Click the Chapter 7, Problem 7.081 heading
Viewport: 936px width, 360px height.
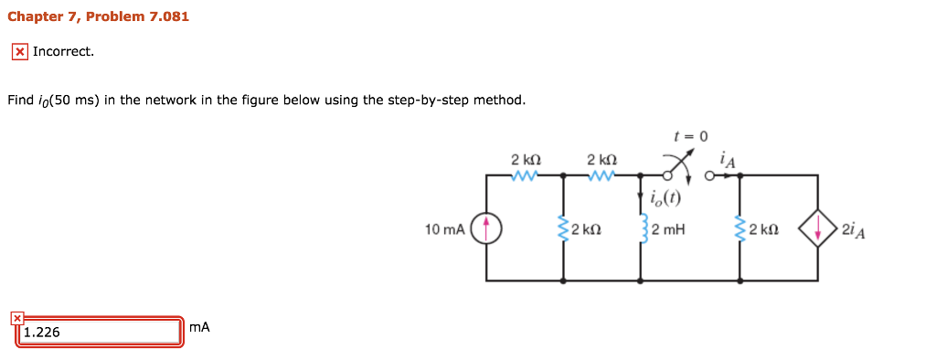point(98,16)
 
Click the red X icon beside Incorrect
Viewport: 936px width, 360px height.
point(18,52)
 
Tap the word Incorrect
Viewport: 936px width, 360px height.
point(63,51)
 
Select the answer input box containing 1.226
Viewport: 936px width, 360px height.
point(99,332)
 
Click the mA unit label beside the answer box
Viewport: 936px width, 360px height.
point(199,327)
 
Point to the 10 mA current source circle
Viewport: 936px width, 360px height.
point(486,228)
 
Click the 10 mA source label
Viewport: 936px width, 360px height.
point(444,228)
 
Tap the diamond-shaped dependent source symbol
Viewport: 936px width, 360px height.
point(817,228)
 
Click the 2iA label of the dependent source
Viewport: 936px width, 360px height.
point(856,228)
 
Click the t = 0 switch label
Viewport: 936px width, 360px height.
point(691,136)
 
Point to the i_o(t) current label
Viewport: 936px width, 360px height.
point(665,198)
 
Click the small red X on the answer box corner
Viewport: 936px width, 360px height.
point(16,318)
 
